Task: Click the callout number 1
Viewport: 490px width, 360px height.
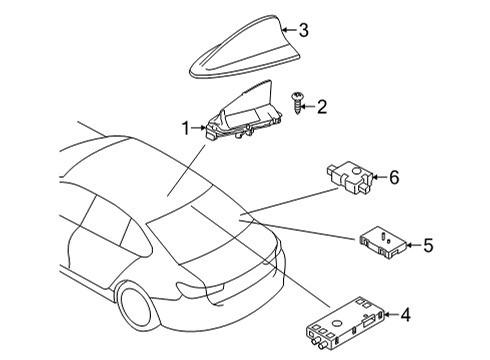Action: pos(184,128)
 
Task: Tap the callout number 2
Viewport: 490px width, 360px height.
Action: pos(322,105)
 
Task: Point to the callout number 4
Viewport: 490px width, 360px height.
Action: pos(405,316)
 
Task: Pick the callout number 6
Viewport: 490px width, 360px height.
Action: pos(393,178)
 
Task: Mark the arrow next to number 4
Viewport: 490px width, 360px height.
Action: pos(388,316)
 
